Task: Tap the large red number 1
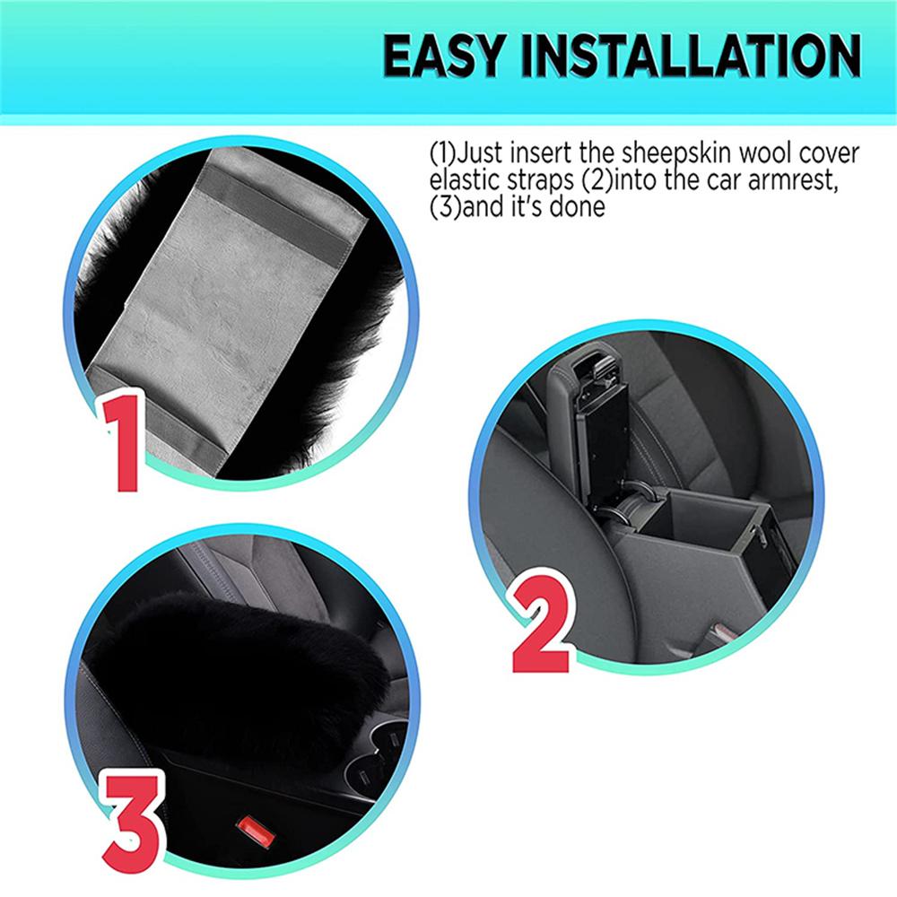click(123, 442)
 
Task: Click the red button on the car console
click(256, 832)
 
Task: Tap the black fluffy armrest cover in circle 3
click(240, 669)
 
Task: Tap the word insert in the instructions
click(541, 153)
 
